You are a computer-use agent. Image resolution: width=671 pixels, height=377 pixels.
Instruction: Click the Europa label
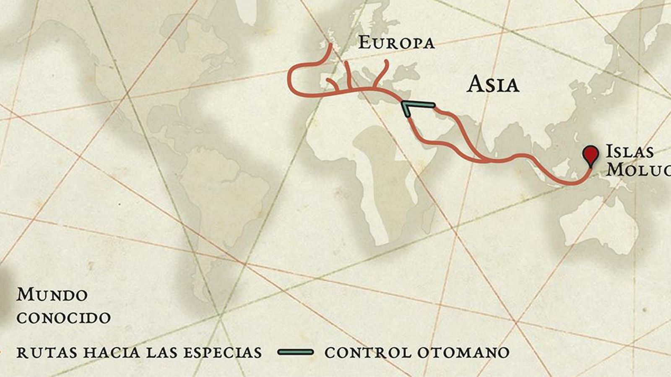click(396, 43)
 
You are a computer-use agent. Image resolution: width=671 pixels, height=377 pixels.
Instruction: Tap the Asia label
click(493, 84)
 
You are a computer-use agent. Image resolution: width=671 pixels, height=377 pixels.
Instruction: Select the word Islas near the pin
click(629, 152)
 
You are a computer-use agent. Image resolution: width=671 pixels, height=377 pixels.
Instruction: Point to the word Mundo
click(52, 295)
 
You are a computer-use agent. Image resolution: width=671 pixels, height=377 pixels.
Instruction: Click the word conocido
click(64, 318)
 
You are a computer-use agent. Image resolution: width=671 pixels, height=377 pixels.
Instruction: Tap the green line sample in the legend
click(296, 352)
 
